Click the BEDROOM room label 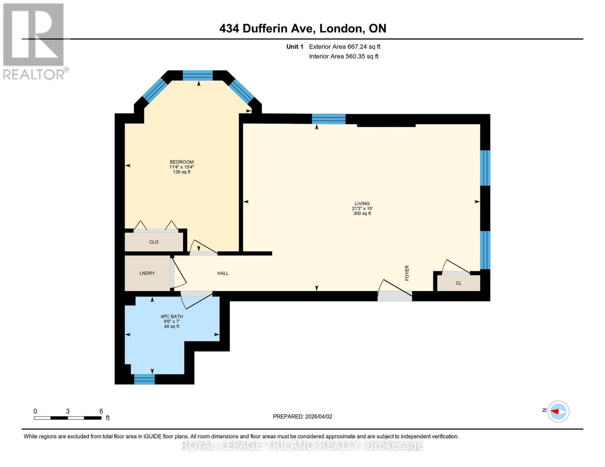click(182, 162)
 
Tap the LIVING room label click(362, 204)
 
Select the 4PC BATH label click(171, 316)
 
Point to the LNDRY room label click(147, 273)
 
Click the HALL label click(223, 273)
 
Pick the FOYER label click(407, 273)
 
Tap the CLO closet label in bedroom click(154, 242)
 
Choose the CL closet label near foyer click(459, 283)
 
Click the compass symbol click(558, 411)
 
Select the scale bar click(68, 418)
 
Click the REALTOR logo click(34, 41)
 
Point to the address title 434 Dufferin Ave click(303, 28)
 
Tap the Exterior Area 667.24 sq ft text click(344, 47)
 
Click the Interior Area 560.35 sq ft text click(344, 56)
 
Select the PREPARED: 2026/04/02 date click(302, 416)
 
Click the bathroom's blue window click(145, 379)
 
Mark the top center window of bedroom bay click(198, 75)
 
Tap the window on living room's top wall click(328, 118)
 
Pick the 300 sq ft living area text click(362, 214)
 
